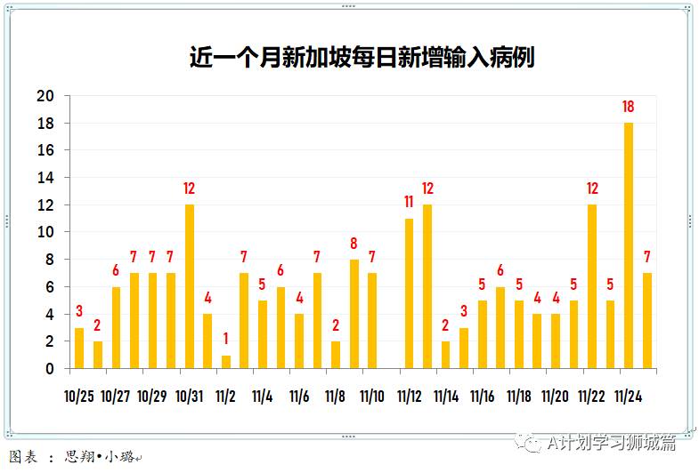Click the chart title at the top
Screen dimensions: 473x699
point(362,57)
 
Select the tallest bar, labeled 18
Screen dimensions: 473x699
point(629,245)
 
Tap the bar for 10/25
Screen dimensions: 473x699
point(79,348)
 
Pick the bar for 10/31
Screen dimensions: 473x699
point(189,286)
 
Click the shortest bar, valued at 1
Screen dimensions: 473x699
point(225,361)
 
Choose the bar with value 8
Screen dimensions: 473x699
point(354,314)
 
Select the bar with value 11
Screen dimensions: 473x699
point(409,293)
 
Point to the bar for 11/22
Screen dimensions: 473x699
point(592,286)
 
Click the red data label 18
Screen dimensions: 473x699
point(629,108)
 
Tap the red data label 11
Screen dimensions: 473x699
point(409,203)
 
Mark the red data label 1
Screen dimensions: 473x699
point(225,340)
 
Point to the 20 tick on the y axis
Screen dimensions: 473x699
point(45,96)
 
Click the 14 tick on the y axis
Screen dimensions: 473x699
point(45,178)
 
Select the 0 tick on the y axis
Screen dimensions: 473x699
point(50,368)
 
